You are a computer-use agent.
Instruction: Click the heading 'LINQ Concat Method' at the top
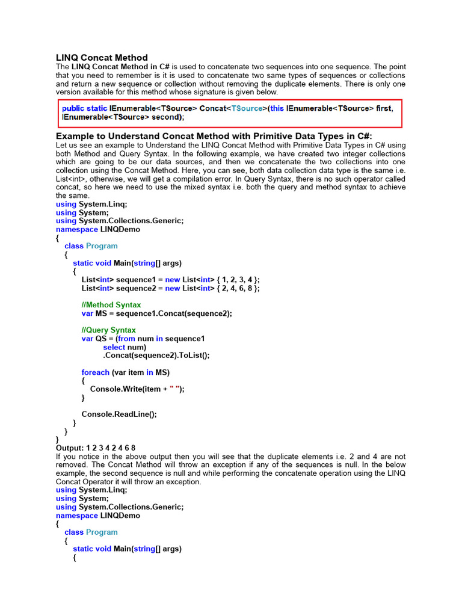[x=102, y=58]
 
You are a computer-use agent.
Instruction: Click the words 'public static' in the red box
[x=85, y=108]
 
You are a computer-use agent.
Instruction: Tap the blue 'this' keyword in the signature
[x=277, y=108]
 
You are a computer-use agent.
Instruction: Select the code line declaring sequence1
[x=170, y=280]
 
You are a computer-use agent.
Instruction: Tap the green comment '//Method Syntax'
[x=111, y=305]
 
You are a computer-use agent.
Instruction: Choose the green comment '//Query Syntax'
[x=109, y=330]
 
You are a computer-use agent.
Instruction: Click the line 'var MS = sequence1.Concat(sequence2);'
[x=156, y=313]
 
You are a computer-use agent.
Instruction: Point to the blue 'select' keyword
[x=114, y=347]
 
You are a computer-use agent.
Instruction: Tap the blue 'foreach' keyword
[x=96, y=372]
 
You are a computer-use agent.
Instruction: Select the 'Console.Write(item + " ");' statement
[x=137, y=389]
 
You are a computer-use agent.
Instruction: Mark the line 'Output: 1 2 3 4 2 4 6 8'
[x=96, y=448]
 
